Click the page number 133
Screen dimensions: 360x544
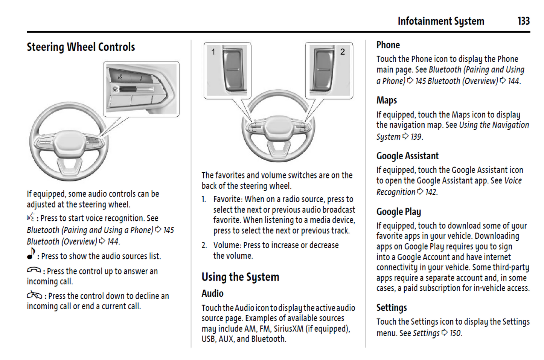(x=523, y=21)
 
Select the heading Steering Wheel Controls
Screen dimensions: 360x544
(x=81, y=47)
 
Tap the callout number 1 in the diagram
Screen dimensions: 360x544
(x=213, y=52)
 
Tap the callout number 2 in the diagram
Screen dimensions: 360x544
(x=342, y=52)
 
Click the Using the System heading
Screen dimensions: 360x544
(x=240, y=277)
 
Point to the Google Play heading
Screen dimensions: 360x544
(x=398, y=212)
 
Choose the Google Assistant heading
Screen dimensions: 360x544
(x=407, y=156)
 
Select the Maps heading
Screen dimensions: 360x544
(x=386, y=100)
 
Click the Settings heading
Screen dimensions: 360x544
(x=391, y=308)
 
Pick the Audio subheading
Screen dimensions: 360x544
(x=212, y=293)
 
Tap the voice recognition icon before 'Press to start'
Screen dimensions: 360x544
(x=30, y=217)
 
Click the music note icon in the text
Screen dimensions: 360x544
(x=31, y=254)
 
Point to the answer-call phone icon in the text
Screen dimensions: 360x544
(x=34, y=270)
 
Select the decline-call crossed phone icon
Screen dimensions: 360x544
(x=34, y=295)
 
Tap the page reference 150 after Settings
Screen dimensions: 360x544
(x=455, y=333)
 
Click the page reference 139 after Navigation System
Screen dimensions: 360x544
(x=416, y=137)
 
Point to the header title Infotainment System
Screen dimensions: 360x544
(x=440, y=21)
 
